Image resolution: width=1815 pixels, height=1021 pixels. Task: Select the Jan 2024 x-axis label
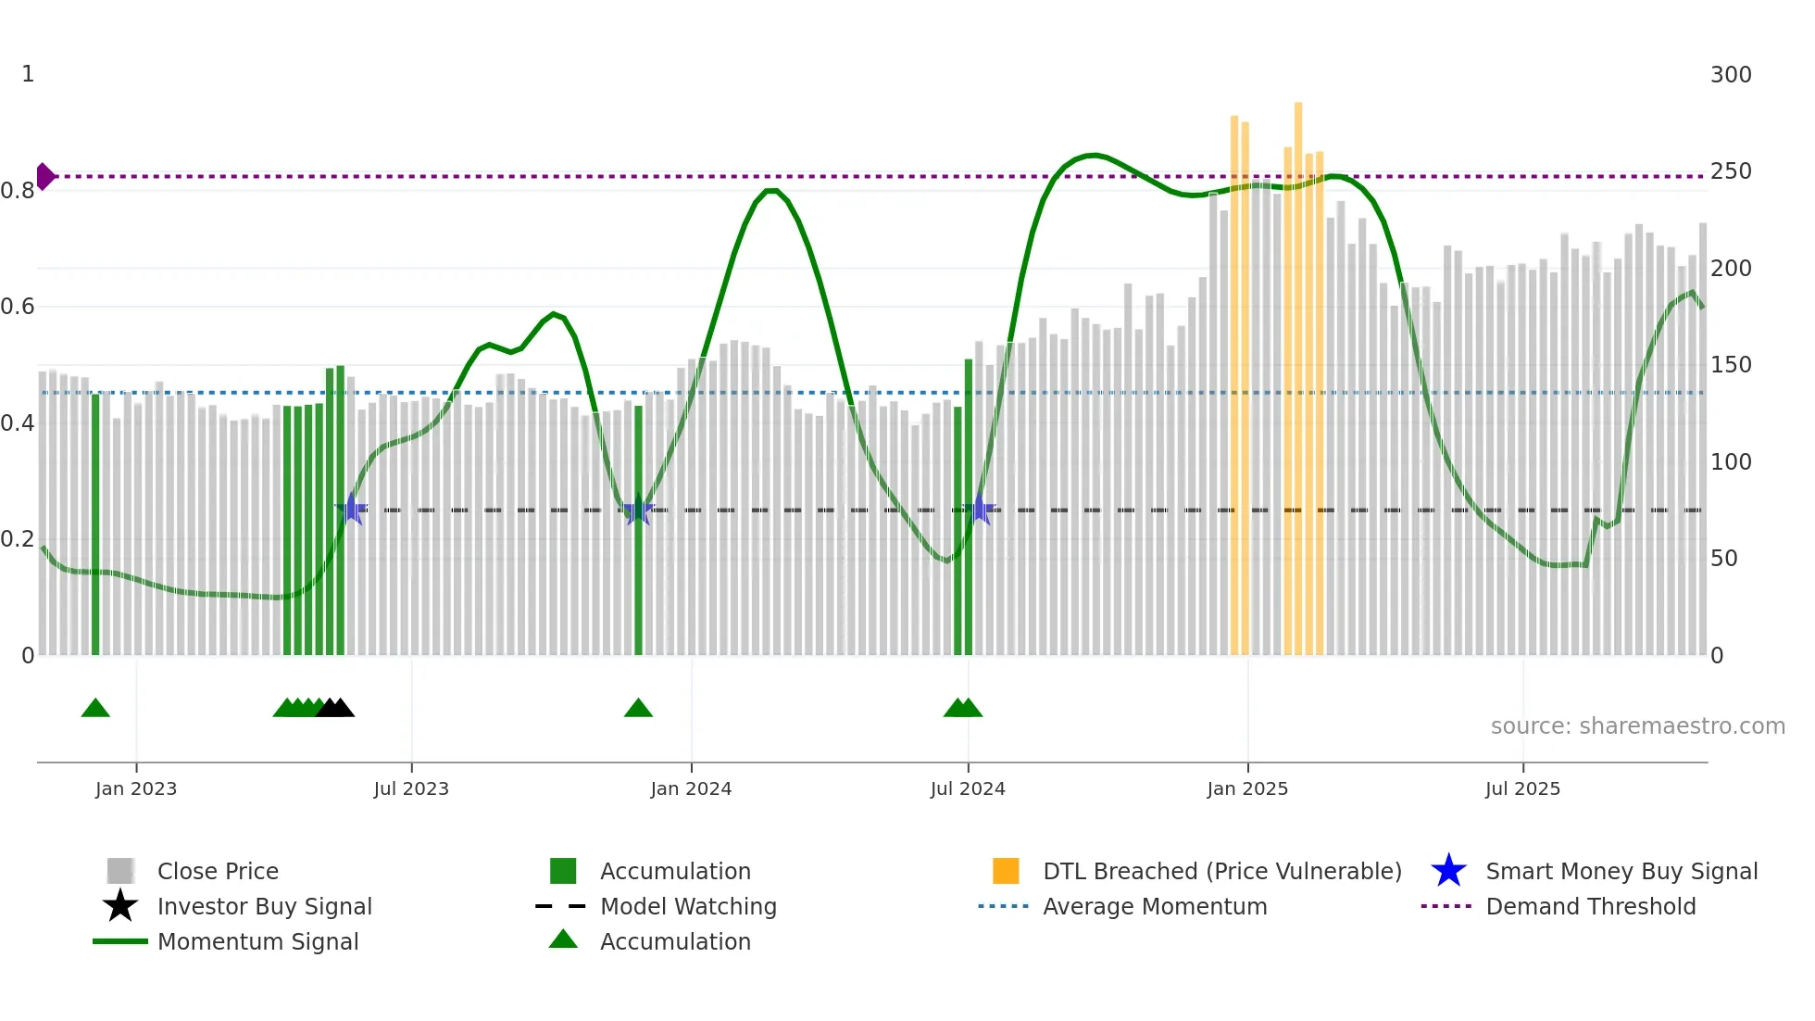[691, 788]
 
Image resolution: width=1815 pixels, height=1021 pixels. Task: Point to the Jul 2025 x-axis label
[1522, 788]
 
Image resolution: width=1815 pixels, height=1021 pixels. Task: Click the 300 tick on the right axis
[1730, 74]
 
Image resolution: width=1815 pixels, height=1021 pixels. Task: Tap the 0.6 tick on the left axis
[18, 307]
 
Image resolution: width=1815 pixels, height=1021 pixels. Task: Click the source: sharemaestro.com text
[1637, 726]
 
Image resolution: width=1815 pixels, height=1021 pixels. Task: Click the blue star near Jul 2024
[981, 510]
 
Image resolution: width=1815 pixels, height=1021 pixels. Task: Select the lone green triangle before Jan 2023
[95, 709]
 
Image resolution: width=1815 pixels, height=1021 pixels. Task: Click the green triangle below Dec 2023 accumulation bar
[638, 709]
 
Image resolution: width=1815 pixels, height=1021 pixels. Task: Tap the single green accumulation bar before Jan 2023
[95, 523]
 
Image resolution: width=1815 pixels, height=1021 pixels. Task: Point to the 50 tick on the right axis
[1722, 559]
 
